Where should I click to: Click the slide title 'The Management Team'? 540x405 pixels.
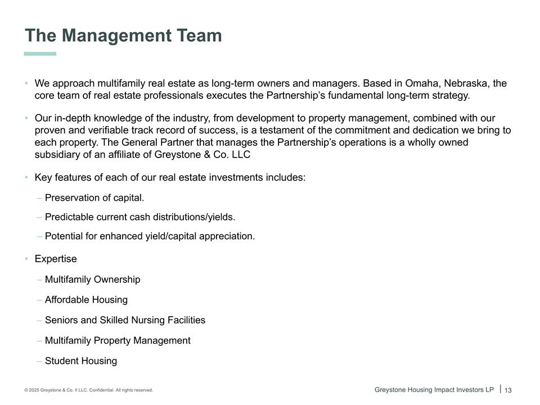click(123, 35)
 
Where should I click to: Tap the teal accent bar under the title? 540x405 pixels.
click(40, 54)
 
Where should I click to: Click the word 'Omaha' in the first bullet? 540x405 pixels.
click(419, 83)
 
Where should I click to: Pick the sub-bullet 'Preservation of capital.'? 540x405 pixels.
click(94, 198)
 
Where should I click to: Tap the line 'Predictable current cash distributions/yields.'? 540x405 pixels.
click(140, 217)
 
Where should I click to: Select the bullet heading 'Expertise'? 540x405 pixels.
click(56, 259)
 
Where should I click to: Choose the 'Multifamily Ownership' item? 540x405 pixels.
click(93, 280)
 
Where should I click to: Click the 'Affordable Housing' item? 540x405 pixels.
click(86, 300)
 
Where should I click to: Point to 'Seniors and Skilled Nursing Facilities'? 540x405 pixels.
click(125, 320)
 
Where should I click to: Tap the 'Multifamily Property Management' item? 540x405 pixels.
click(118, 340)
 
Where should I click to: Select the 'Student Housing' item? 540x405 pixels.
click(81, 361)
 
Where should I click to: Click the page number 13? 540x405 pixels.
click(508, 390)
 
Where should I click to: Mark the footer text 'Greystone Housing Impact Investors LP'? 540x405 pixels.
click(434, 389)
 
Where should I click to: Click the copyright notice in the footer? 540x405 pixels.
click(88, 390)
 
